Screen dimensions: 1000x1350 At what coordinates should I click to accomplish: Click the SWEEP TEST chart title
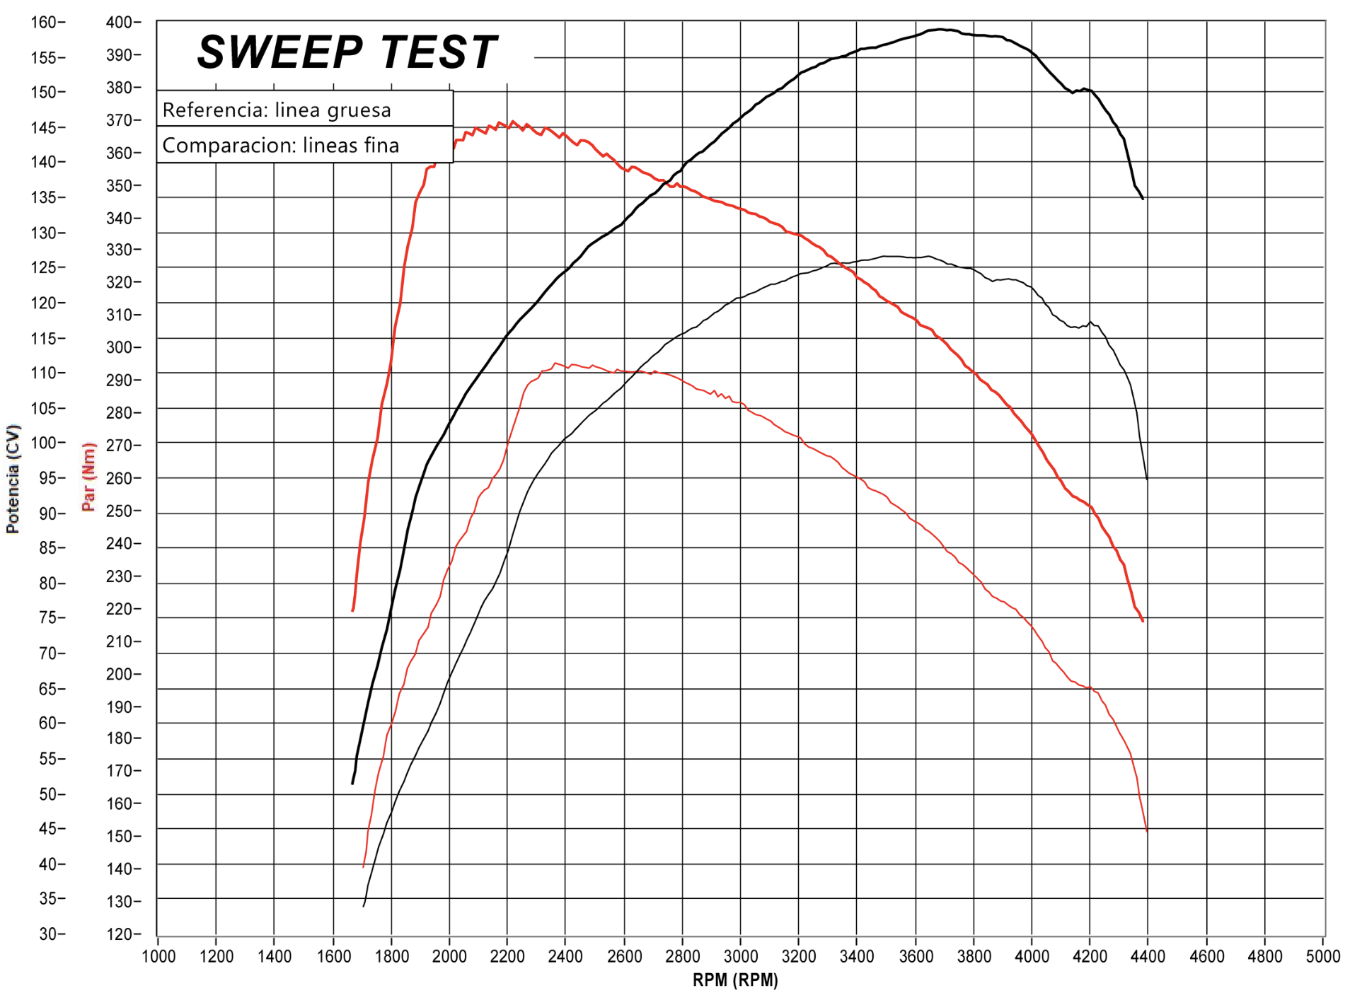(x=347, y=52)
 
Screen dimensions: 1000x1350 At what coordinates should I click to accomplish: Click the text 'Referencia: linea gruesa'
(x=277, y=110)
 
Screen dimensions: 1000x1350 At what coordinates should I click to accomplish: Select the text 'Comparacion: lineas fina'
(x=281, y=145)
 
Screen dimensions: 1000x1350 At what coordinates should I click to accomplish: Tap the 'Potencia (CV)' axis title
(x=13, y=479)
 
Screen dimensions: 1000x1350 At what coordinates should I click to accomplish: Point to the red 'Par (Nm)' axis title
(x=88, y=477)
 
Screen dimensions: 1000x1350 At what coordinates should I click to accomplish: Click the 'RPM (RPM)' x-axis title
(x=735, y=980)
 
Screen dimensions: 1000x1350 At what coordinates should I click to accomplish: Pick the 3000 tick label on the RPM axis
(x=740, y=957)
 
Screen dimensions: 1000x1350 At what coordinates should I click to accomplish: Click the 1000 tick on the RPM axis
(x=158, y=957)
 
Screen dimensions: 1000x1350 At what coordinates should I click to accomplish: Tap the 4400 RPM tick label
(x=1148, y=957)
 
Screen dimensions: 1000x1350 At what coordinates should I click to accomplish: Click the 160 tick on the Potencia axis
(x=44, y=23)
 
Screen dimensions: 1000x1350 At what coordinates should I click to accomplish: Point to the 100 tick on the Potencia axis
(x=44, y=443)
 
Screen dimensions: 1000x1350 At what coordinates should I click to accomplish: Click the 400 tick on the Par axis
(x=120, y=23)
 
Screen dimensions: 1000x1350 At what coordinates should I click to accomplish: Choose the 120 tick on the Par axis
(x=120, y=934)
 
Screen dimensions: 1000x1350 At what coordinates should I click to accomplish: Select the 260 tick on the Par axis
(x=120, y=478)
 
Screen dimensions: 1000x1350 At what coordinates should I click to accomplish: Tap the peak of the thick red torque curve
(x=512, y=122)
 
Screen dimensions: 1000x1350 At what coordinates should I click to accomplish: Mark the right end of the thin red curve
(x=1146, y=831)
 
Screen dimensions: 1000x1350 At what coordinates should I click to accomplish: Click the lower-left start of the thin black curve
(x=364, y=906)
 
